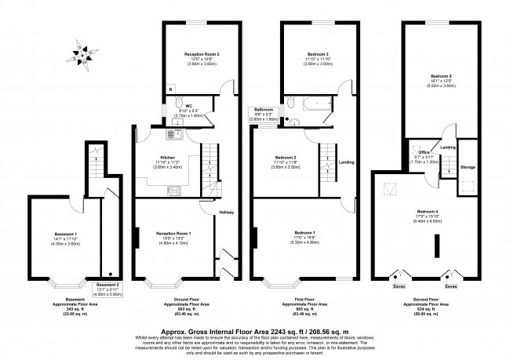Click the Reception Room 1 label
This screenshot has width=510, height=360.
click(x=174, y=234)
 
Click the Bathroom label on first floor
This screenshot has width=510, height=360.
click(x=262, y=111)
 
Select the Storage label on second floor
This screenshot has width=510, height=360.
click(x=468, y=167)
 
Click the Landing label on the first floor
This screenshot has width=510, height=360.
click(x=346, y=162)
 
